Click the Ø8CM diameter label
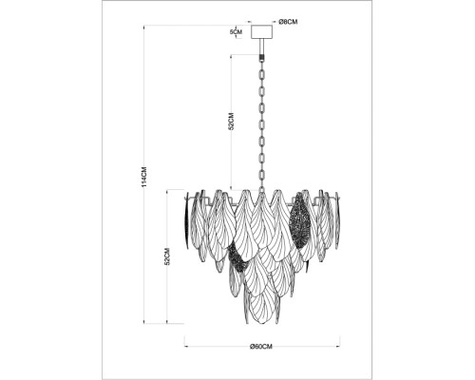(x=288, y=22)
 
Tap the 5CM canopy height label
(x=236, y=31)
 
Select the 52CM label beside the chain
(x=231, y=122)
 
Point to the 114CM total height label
(x=144, y=177)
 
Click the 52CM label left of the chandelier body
(x=167, y=256)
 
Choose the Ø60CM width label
(x=261, y=347)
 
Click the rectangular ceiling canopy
(x=261, y=31)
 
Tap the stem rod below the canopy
(x=261, y=47)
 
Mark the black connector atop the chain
(x=261, y=58)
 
